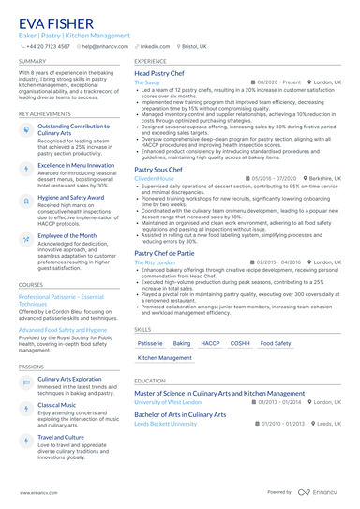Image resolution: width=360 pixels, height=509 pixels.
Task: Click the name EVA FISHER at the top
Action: tap(59, 22)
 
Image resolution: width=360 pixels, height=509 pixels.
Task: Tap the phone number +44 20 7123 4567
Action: tap(48, 45)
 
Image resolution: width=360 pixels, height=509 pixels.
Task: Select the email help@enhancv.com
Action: tap(104, 45)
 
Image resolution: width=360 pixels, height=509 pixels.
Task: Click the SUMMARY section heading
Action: tap(31, 61)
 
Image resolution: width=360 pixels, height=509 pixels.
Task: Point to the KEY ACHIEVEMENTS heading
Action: tap(44, 113)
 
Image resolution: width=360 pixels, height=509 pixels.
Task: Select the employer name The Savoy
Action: tap(147, 82)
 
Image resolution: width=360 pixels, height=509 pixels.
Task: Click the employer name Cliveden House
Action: tap(154, 178)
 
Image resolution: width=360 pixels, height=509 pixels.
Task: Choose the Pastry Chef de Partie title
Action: tap(165, 253)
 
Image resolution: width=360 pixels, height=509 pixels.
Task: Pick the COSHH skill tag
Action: tap(240, 344)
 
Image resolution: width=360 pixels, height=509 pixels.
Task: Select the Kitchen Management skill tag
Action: tap(164, 358)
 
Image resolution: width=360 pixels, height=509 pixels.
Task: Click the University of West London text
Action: tap(168, 401)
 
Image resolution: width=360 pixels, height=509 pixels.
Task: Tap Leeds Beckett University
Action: tap(166, 423)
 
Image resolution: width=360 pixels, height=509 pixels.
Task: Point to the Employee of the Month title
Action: tap(67, 236)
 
